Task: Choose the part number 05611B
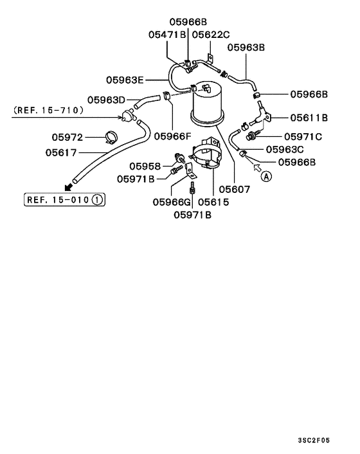(309, 118)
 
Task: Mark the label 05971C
(303, 136)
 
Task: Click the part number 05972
(67, 136)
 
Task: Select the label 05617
(61, 152)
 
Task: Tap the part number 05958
(144, 166)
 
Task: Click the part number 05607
(234, 190)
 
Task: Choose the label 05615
(213, 202)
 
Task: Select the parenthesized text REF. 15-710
(48, 111)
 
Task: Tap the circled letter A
(266, 175)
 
